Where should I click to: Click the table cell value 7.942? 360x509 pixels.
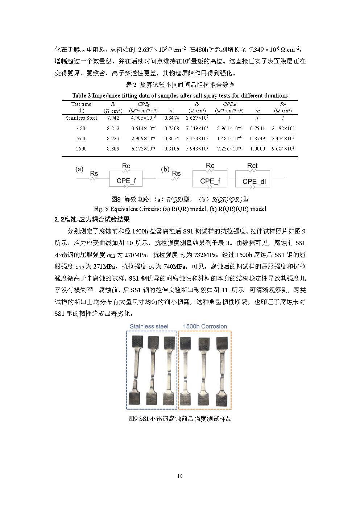pyautogui.click(x=113, y=118)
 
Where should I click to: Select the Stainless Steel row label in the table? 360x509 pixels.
pyautogui.click(x=81, y=118)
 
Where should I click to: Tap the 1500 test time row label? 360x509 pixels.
pyautogui.click(x=81, y=149)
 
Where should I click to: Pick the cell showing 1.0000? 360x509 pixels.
pyautogui.click(x=257, y=149)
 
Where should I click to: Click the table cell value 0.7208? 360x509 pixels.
pyautogui.click(x=171, y=128)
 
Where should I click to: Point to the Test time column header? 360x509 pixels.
pyautogui.click(x=81, y=104)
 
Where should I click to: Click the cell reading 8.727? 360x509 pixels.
pyautogui.click(x=113, y=138)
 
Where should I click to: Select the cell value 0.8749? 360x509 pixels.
pyautogui.click(x=257, y=138)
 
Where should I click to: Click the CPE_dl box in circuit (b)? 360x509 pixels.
pyautogui.click(x=254, y=181)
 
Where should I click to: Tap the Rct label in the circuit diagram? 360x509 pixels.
pyautogui.click(x=252, y=166)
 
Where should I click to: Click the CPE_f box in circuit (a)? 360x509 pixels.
pyautogui.click(x=126, y=181)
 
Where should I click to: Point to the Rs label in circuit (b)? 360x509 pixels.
pyautogui.click(x=176, y=174)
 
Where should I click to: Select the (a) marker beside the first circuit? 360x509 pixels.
pyautogui.click(x=79, y=169)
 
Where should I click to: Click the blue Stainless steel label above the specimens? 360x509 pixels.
pyautogui.click(x=149, y=326)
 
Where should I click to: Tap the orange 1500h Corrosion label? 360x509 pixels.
pyautogui.click(x=205, y=326)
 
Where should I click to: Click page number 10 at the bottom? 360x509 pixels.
pyautogui.click(x=180, y=476)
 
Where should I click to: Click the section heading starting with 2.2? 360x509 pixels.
pyautogui.click(x=92, y=219)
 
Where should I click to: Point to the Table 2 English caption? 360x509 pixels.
pyautogui.click(x=180, y=95)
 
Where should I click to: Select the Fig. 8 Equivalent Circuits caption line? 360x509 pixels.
pyautogui.click(x=180, y=209)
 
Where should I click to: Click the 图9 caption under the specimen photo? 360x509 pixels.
pyautogui.click(x=180, y=419)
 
